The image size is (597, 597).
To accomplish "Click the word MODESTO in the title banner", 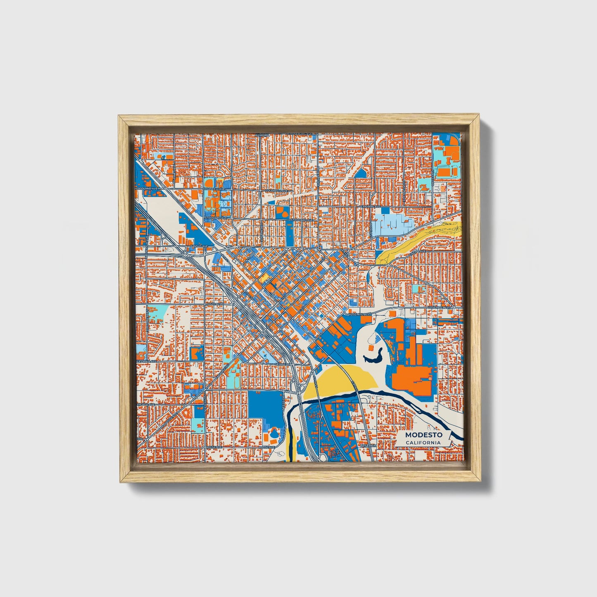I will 423,435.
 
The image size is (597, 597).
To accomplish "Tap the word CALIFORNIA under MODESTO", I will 423,442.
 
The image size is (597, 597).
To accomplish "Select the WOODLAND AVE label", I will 147,188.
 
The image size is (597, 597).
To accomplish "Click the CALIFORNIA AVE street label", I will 147,361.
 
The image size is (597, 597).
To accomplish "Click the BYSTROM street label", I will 369,445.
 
